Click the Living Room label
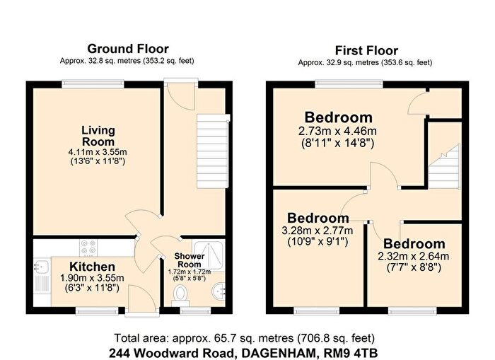(98, 137)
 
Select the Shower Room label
(190, 260)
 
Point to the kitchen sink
(40, 267)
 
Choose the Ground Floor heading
(127, 49)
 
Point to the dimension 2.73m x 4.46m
(339, 132)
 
